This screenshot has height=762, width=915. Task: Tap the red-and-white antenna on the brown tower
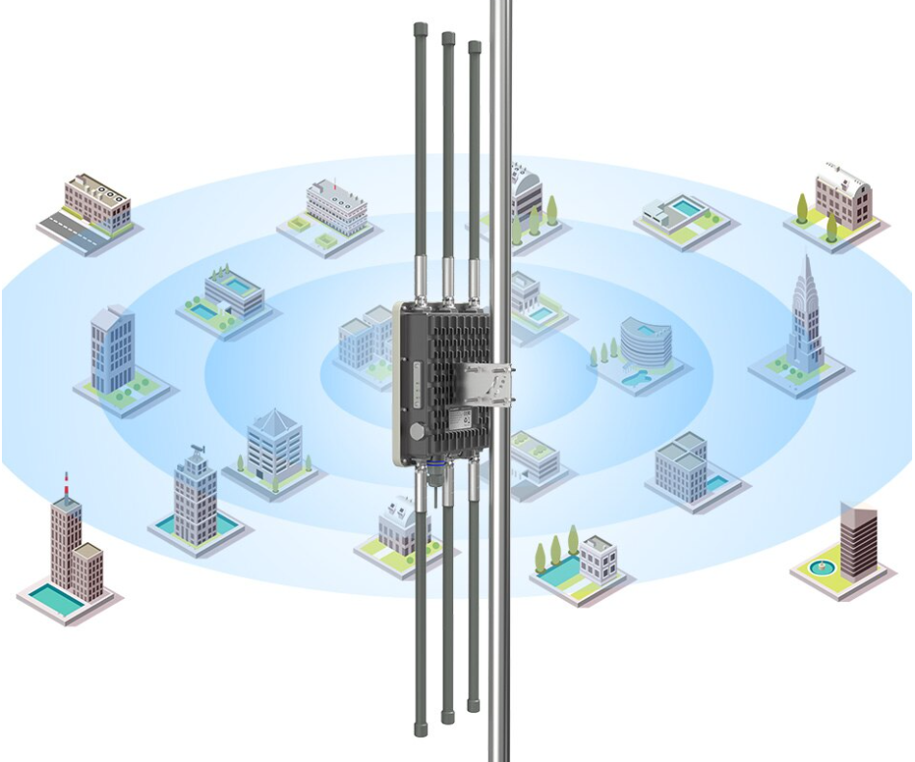click(x=66, y=482)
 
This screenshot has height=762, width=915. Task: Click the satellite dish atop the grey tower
click(x=199, y=449)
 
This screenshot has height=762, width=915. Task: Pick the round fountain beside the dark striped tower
click(x=821, y=564)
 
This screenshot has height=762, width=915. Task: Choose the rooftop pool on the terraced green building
click(x=235, y=286)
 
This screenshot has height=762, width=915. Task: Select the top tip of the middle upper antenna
click(x=448, y=38)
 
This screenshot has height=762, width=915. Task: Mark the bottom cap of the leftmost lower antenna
click(x=420, y=726)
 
